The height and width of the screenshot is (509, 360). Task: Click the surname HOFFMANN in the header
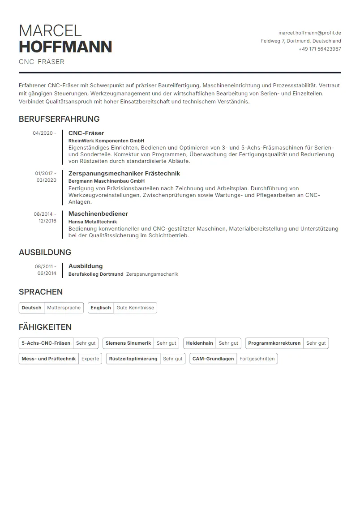(65, 47)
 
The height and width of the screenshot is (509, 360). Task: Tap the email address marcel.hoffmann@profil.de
(309, 33)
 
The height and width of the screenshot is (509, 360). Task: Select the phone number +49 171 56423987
(320, 49)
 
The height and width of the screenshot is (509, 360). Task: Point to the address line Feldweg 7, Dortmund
(301, 41)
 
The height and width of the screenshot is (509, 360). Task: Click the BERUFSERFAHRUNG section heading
(59, 119)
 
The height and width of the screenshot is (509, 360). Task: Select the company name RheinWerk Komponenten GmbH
(106, 141)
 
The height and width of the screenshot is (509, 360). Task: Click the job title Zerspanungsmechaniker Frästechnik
(124, 173)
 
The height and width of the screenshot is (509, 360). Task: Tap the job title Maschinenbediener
(98, 214)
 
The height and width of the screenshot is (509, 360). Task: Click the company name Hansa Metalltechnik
(93, 221)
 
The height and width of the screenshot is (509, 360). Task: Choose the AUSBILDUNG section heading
(45, 252)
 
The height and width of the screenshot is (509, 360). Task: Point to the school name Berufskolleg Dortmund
(96, 274)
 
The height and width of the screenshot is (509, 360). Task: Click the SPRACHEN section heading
(41, 292)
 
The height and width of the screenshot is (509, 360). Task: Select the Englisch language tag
(101, 308)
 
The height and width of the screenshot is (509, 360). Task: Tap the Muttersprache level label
(64, 308)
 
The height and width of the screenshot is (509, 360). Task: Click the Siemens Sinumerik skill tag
(128, 343)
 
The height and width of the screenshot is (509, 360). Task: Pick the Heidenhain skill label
(199, 343)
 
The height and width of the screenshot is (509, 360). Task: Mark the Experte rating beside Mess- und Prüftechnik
(90, 359)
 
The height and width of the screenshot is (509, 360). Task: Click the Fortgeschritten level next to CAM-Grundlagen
(257, 359)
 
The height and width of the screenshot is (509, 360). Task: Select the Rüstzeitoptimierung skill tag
(133, 359)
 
